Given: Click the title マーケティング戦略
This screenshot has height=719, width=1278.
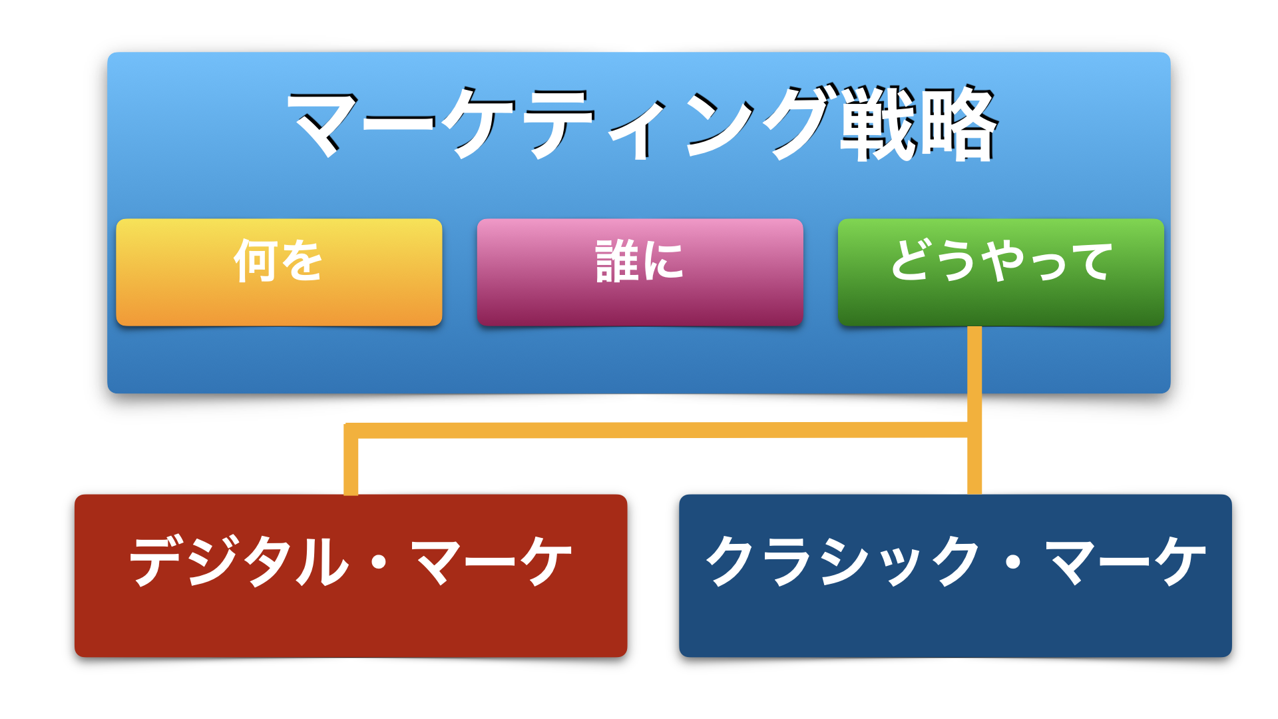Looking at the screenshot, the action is [x=643, y=123].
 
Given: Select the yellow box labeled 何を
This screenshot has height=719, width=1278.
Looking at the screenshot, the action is [x=279, y=272].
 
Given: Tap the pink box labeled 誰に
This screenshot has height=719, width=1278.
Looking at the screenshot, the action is [x=640, y=272].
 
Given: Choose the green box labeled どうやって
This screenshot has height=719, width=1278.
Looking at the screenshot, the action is [x=1001, y=272].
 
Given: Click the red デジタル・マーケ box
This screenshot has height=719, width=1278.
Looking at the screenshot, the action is [x=351, y=576].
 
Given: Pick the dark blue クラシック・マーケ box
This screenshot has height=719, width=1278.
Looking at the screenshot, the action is [x=955, y=576].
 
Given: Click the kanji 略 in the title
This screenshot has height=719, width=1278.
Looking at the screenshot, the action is [x=959, y=123].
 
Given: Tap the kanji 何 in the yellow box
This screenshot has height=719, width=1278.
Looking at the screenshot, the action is [x=255, y=261].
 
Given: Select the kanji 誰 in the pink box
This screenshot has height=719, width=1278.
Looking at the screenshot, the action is [x=617, y=261].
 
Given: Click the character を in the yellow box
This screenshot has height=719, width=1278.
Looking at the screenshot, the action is [x=301, y=260].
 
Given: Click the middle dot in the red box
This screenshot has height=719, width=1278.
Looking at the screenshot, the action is [x=379, y=562].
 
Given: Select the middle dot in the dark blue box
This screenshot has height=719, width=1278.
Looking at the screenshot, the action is [x=1013, y=562].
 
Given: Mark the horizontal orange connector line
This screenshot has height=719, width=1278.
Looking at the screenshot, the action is [x=656, y=430].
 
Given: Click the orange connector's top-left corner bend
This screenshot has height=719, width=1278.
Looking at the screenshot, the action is [x=351, y=430].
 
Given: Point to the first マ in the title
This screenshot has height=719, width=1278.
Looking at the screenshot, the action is [x=326, y=124].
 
